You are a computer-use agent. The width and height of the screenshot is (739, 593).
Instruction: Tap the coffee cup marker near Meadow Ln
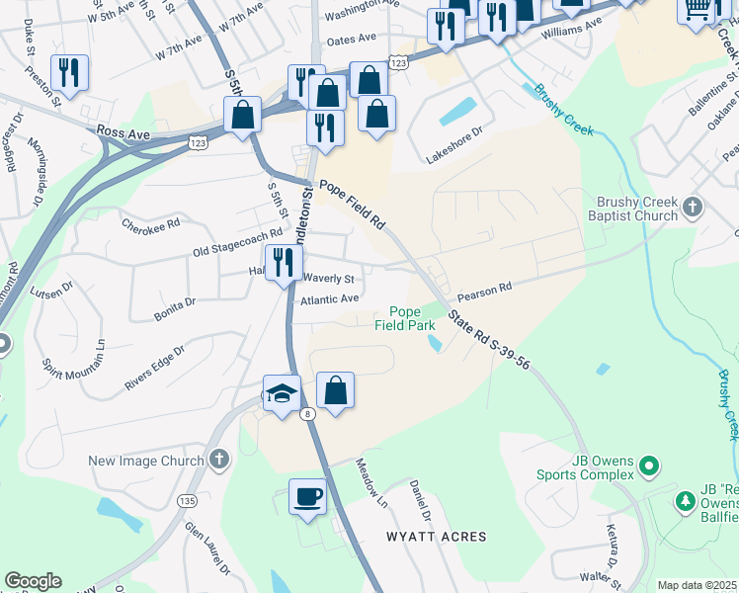307,495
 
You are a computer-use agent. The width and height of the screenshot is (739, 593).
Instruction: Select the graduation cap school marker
282,393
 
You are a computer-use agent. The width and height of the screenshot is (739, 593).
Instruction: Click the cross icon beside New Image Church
218,460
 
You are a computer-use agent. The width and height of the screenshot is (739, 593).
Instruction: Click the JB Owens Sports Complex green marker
649,464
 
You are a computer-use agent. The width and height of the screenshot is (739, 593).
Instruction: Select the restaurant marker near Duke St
69,71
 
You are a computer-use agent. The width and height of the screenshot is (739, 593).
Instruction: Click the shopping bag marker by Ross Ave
242,115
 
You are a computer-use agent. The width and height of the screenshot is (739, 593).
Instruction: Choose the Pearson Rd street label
484,290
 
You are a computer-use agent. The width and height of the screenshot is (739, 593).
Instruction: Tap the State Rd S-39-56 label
489,339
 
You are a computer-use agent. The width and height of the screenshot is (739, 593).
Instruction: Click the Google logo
33,581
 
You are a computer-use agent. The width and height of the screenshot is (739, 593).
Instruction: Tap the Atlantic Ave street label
330,298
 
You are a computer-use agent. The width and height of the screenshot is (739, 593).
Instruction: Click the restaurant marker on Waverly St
282,261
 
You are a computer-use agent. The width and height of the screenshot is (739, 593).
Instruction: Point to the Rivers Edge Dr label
154,367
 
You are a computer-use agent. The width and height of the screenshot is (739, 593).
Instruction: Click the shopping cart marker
697,8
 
